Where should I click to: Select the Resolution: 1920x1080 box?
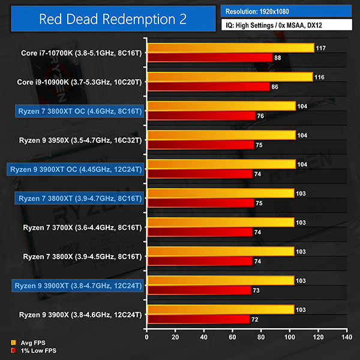[x=286, y=11]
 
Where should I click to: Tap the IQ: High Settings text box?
[x=286, y=26]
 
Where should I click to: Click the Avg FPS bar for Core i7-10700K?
[x=230, y=48]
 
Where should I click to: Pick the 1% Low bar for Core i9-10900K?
[x=208, y=86]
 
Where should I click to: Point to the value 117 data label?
[x=322, y=48]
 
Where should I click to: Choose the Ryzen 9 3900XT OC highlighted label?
[x=75, y=169]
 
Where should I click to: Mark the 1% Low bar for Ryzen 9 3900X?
[x=198, y=319]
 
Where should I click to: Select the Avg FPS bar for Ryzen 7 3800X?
[x=220, y=251]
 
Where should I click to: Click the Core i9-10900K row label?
[x=79, y=82]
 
